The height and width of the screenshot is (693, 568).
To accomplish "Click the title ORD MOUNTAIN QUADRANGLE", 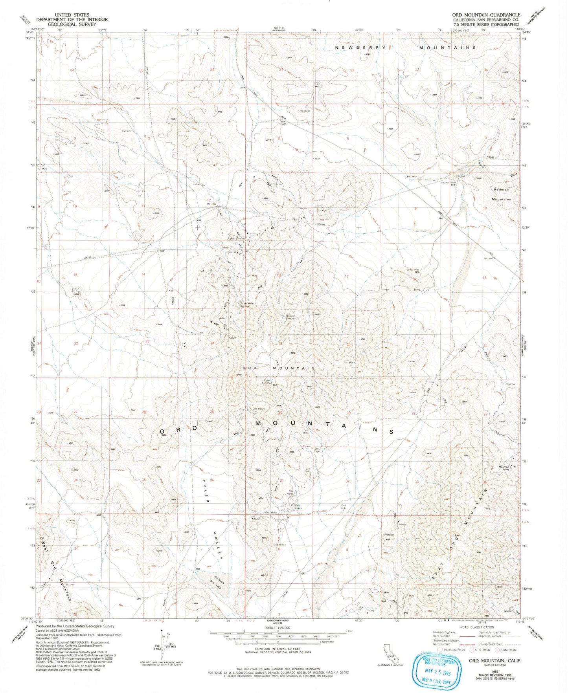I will click(x=486, y=15).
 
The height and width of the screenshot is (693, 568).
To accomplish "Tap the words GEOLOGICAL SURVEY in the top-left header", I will click(x=72, y=24).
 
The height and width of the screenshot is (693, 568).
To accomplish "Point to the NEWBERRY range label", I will click(x=361, y=48).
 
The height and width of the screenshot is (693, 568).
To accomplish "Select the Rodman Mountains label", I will click(x=501, y=194).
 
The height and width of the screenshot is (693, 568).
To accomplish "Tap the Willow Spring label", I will click(x=290, y=317).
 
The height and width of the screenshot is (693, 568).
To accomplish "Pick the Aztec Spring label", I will click(x=236, y=238).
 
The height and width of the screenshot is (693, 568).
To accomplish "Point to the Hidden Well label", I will click(x=448, y=182).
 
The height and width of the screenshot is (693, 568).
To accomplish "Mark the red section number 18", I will click(x=279, y=275).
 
